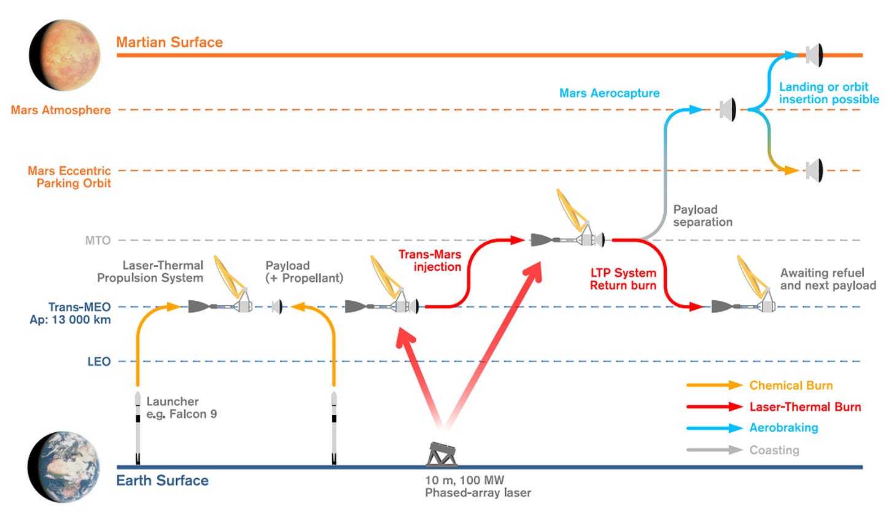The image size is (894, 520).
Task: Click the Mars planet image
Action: [x=65, y=55]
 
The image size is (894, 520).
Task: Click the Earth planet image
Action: [x=64, y=467]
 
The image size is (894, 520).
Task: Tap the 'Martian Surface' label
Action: [x=169, y=42]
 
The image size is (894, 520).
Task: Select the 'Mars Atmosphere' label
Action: [x=61, y=110]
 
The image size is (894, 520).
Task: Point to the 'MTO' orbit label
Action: [x=98, y=241]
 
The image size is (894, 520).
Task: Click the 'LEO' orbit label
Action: [x=99, y=362]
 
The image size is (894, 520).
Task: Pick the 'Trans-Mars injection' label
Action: [x=430, y=260]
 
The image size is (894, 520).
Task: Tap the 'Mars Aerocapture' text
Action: [x=609, y=93]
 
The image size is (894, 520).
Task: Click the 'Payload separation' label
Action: [x=702, y=215]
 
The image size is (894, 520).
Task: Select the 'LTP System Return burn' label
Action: [x=623, y=279]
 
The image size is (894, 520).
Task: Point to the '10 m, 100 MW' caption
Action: [x=464, y=480]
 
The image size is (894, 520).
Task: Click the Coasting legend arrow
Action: [x=715, y=450]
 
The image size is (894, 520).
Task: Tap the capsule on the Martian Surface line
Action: [x=814, y=55]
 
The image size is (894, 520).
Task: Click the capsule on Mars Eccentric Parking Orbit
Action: [x=814, y=170]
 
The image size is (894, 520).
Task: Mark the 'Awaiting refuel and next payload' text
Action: [x=828, y=279]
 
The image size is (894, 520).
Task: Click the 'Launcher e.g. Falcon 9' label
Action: [x=181, y=408]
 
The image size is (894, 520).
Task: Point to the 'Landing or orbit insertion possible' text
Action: [x=828, y=93]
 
